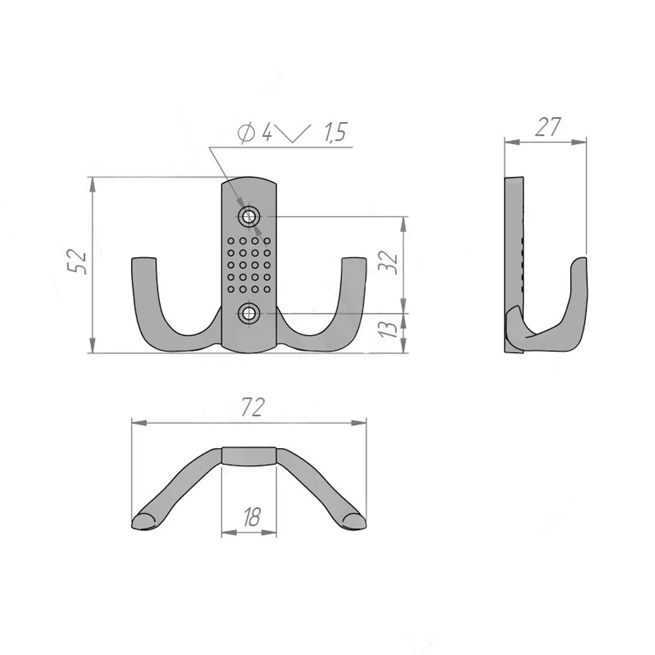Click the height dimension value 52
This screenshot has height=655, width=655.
(x=78, y=262)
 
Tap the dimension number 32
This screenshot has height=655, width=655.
(x=388, y=262)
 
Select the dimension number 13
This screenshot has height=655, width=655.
(x=388, y=329)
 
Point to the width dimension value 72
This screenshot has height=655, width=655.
(x=253, y=408)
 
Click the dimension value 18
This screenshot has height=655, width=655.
(x=252, y=517)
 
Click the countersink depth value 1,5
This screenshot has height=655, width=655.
(x=335, y=132)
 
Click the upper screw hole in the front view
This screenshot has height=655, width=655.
(x=249, y=217)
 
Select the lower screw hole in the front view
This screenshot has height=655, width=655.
(x=249, y=314)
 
